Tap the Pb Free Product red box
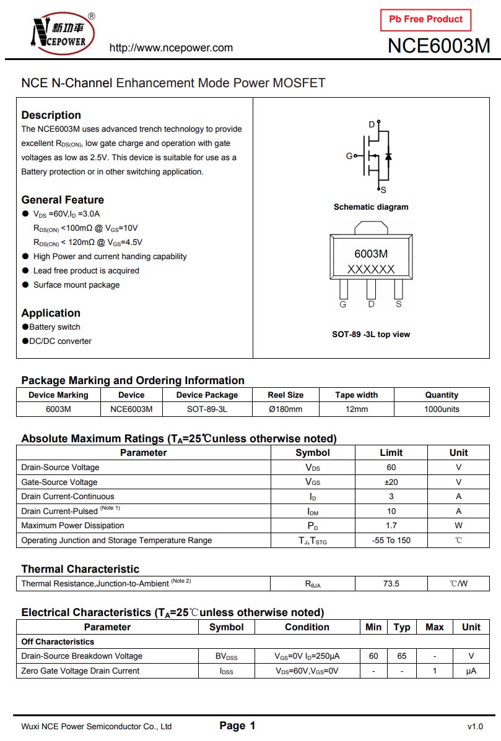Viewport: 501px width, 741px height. click(425, 20)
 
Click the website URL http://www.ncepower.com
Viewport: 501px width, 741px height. click(171, 48)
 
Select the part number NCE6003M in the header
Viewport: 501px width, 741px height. click(438, 46)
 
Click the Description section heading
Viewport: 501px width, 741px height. click(51, 115)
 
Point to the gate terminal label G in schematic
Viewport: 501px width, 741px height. click(349, 156)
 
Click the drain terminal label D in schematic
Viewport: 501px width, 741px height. click(372, 125)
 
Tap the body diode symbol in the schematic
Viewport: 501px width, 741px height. click(388, 155)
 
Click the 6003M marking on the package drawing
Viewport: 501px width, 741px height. click(371, 254)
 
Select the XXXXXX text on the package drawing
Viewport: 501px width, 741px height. click(371, 269)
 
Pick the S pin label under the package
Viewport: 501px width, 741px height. click(399, 304)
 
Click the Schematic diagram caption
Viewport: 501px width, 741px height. click(371, 207)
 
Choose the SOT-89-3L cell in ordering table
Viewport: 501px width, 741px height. click(207, 409)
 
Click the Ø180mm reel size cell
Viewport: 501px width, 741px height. click(285, 409)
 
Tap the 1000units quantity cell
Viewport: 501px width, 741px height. click(442, 409)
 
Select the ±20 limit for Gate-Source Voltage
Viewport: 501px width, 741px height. click(391, 482)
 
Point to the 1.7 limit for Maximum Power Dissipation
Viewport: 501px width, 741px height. click(391, 526)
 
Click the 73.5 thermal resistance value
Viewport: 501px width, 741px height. click(391, 583)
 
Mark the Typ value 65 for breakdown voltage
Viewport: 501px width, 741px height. click(401, 656)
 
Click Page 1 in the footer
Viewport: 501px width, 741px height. click(237, 726)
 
